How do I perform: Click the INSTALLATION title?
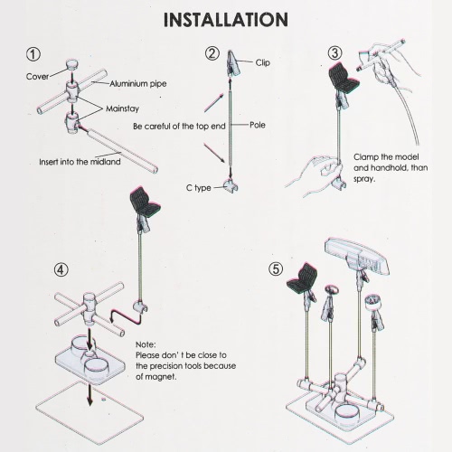coord(226,20)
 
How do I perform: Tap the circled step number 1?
coord(33,54)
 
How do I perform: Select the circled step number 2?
coord(212,53)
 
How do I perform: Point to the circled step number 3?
coord(334,53)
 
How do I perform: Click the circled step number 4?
coord(61,269)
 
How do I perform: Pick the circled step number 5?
coord(276,268)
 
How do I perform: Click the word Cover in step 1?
coord(37,77)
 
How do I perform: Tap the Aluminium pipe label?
coord(138,84)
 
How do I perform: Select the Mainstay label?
coord(122,108)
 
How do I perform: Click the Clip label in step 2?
coord(263,62)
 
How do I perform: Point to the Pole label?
coord(258,125)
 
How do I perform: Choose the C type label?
coord(199,188)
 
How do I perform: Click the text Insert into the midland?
coord(80,162)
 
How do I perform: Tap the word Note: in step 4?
coord(146,344)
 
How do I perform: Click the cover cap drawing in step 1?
coord(72,64)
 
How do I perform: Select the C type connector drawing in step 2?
coord(231,186)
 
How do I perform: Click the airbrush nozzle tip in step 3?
coord(358,70)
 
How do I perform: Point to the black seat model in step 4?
coord(145,201)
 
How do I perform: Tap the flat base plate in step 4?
coord(89,412)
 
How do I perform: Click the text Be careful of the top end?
coord(179,127)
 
